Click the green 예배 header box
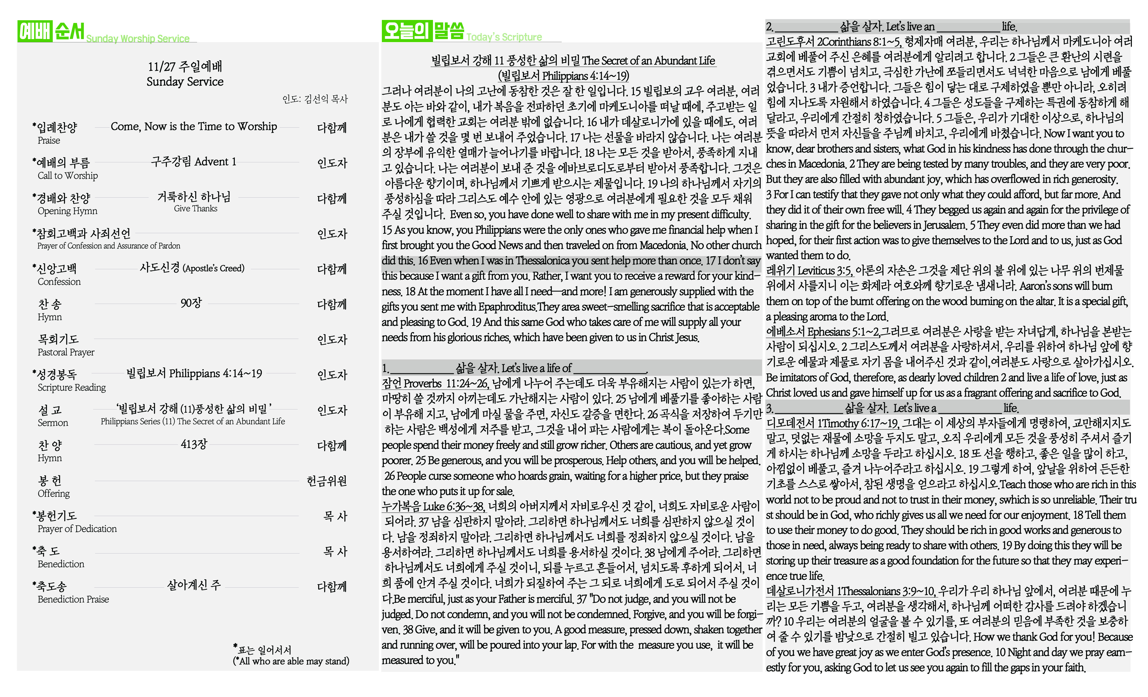[x=34, y=31]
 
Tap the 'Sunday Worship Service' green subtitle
[x=138, y=39]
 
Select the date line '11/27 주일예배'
[x=185, y=67]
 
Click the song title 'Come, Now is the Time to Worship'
[x=194, y=126]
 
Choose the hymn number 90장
[x=191, y=303]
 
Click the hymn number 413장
[x=194, y=444]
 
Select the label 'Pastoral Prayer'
[x=66, y=352]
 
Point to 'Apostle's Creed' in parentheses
[x=213, y=268]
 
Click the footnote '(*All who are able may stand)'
[x=291, y=661]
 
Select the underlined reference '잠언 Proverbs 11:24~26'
[x=435, y=383]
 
